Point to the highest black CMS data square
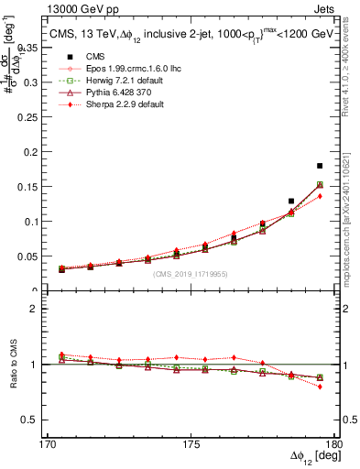(x=320, y=166)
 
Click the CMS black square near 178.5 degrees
(x=291, y=201)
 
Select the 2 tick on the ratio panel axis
(x=44, y=309)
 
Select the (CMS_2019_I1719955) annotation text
(x=191, y=273)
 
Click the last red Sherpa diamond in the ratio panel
(x=320, y=387)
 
